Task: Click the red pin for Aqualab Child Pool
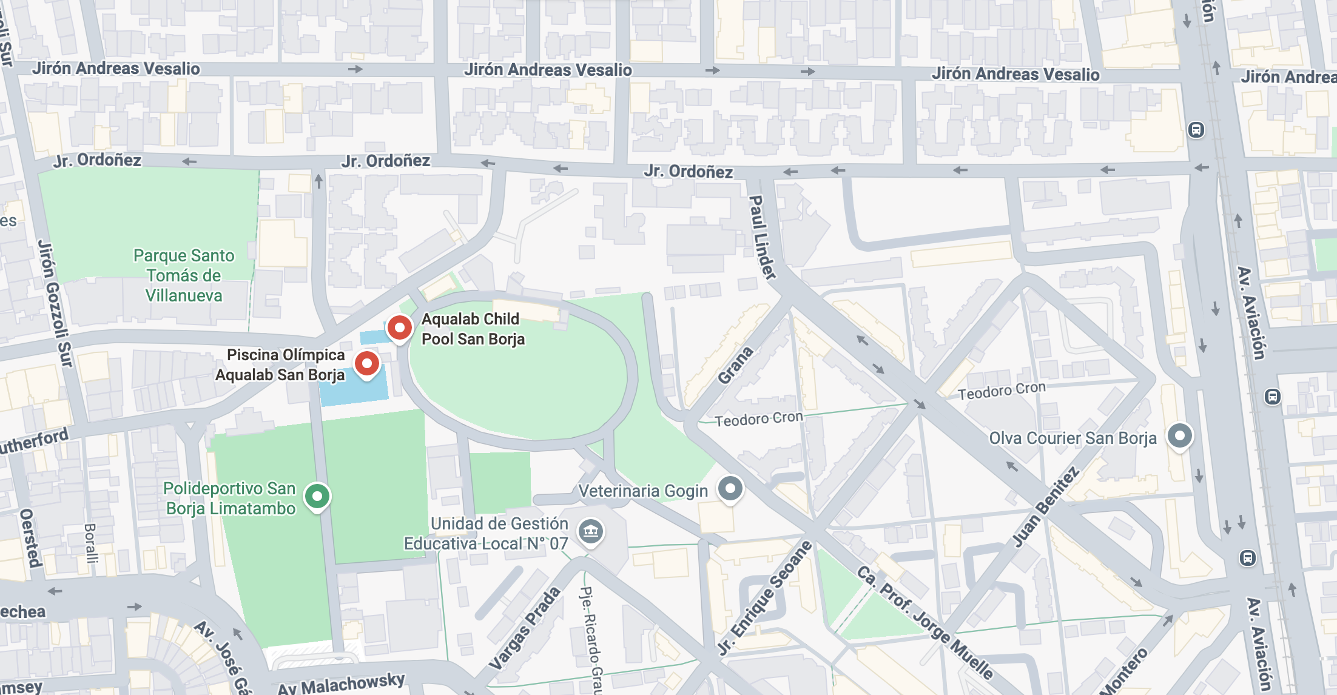pos(400,328)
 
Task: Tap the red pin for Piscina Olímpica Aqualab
pos(367,364)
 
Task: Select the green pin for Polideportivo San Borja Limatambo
pos(317,496)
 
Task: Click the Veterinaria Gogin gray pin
pos(730,488)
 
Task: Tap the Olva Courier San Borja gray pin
pos(1180,435)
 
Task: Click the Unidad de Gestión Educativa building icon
pos(591,532)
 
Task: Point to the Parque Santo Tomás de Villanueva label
pos(184,275)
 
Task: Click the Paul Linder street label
pos(762,237)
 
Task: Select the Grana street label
pos(735,366)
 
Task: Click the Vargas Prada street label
pos(525,629)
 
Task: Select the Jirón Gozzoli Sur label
pos(55,303)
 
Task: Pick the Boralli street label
pos(90,543)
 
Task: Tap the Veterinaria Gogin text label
pos(643,491)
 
